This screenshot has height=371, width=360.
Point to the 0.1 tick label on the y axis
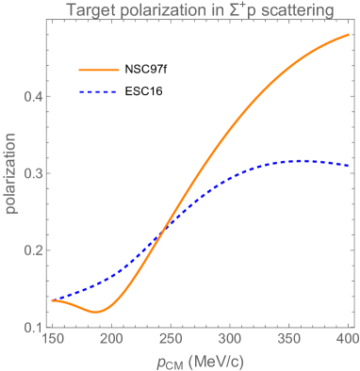click(x=30, y=327)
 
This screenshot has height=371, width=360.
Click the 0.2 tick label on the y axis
click(x=30, y=250)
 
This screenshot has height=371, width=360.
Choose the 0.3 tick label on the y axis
click(x=30, y=173)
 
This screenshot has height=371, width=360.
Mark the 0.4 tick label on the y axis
click(x=30, y=96)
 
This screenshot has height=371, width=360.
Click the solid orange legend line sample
click(x=98, y=70)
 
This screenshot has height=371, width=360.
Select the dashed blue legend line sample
click(x=98, y=91)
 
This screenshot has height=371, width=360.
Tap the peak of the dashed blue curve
click(x=300, y=161)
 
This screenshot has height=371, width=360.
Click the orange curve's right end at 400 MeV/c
click(x=348, y=36)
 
